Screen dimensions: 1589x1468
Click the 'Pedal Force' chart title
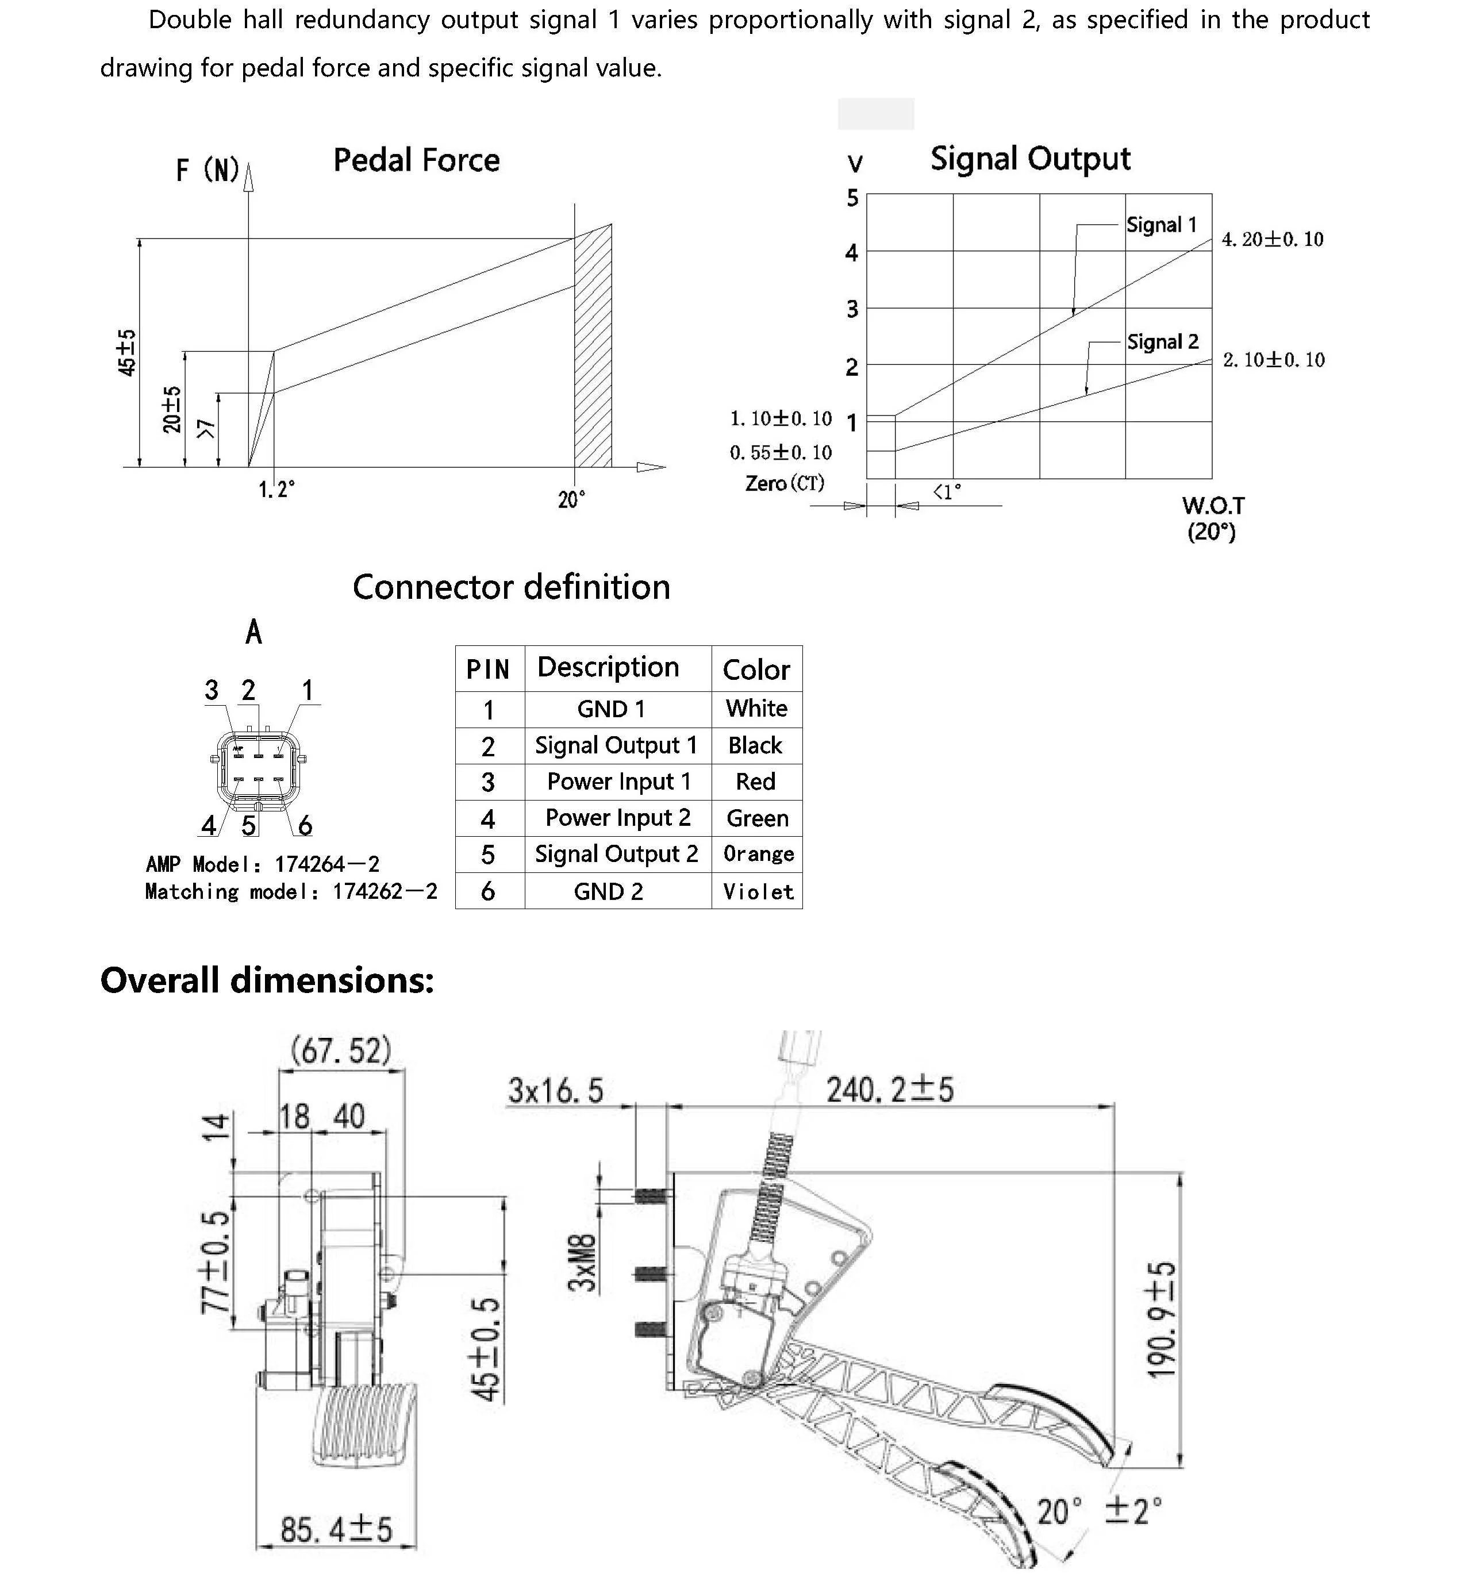point(416,160)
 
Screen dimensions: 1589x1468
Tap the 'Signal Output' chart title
point(1029,159)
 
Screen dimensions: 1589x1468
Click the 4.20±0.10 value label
point(1272,239)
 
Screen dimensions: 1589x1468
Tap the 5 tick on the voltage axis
point(852,198)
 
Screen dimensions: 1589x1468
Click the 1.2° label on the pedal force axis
point(276,489)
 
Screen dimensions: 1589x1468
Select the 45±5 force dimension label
point(127,353)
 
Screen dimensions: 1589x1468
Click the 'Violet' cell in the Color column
point(757,892)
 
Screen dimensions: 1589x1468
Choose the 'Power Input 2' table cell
point(617,817)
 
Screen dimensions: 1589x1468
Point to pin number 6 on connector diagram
point(304,826)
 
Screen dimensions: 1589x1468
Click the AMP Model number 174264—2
point(326,864)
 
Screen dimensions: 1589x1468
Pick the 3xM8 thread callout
point(584,1263)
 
